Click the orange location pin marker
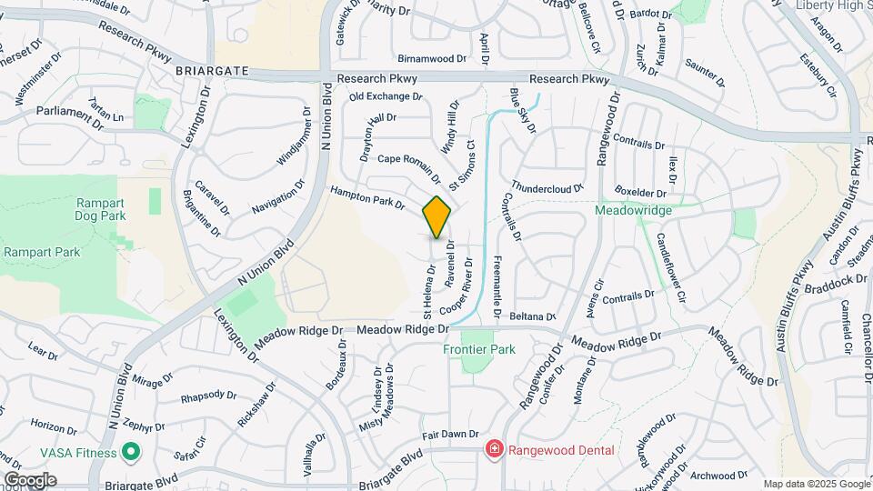coord(436,217)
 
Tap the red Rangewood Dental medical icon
coord(494,449)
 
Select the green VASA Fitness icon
coord(130,452)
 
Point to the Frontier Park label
coord(479,349)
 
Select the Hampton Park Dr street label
coord(366,197)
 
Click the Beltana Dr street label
coord(532,316)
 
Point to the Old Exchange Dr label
coord(386,96)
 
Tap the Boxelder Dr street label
coord(641,192)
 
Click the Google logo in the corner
coord(30,480)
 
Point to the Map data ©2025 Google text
coord(816,484)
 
